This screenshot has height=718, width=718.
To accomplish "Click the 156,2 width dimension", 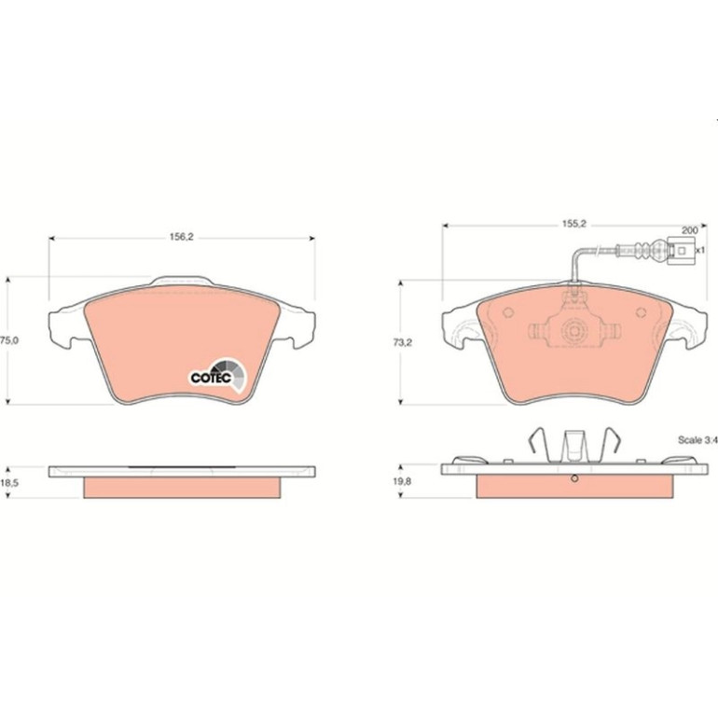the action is pos(182,237).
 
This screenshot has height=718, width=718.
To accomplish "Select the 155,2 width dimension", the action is pos(574,225).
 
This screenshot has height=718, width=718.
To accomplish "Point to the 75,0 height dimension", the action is pos(9,340).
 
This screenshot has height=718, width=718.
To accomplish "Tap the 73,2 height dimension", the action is pos(403,342).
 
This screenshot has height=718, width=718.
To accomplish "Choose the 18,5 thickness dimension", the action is pos(9,483).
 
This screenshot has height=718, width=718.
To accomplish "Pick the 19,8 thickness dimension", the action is pos(403,481).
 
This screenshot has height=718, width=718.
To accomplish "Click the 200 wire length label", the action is pos(689,230).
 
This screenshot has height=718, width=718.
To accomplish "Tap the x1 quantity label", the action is pos(700,251).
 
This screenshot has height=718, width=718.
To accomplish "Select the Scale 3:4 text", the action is pos(697,440).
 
